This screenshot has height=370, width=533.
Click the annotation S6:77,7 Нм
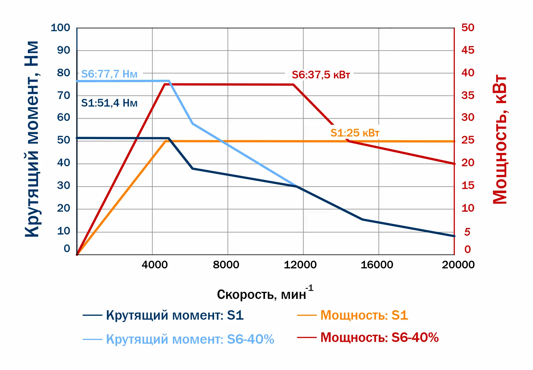point(109,74)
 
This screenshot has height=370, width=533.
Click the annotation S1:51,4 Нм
point(109,103)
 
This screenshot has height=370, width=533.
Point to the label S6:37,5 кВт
point(321,75)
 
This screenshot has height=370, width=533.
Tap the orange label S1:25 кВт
point(355,133)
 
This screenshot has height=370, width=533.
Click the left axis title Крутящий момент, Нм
point(32,139)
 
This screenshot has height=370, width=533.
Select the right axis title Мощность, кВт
point(500,139)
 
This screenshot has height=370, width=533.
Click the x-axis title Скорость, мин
point(262,294)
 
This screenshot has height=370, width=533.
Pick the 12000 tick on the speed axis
point(300,264)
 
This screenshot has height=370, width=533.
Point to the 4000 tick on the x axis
point(155,264)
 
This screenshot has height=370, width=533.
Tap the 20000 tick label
point(458,264)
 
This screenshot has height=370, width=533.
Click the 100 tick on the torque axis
point(60,28)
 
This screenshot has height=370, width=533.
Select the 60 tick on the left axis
point(64,117)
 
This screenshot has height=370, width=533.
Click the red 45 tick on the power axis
point(468,50)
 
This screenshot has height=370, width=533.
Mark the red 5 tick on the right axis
point(467,232)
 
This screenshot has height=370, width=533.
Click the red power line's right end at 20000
point(454,164)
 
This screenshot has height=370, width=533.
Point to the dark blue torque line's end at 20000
point(454,236)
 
